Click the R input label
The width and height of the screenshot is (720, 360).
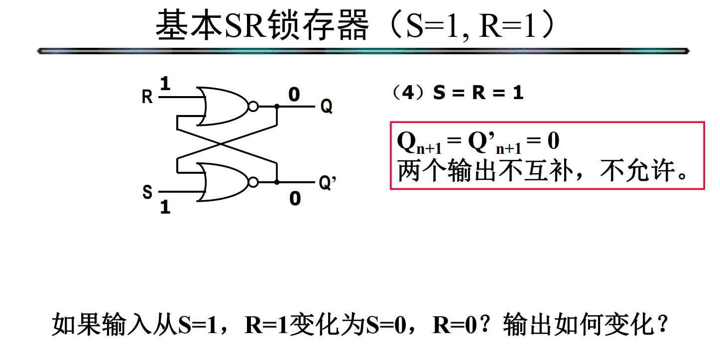[x=147, y=97]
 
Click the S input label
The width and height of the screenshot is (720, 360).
[x=147, y=192]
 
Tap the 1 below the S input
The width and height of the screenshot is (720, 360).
[x=165, y=207]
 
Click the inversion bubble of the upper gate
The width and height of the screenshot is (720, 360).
[x=253, y=107]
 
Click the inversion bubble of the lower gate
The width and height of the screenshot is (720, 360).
[x=253, y=182]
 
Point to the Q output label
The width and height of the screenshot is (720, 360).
[x=326, y=106]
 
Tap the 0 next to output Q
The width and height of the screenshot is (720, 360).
[x=294, y=94]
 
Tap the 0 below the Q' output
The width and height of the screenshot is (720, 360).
[x=295, y=199]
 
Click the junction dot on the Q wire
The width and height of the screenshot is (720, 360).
[x=277, y=107]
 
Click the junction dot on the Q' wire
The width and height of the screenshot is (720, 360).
[x=277, y=182]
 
